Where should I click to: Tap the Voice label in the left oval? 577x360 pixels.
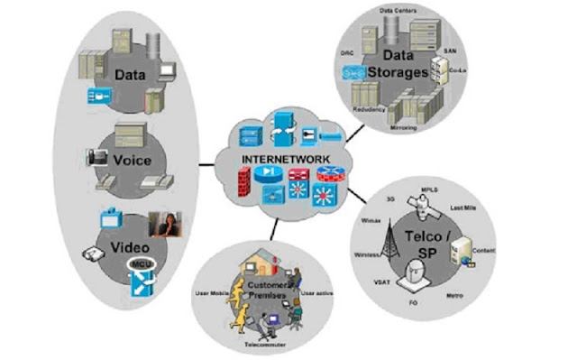133,161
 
